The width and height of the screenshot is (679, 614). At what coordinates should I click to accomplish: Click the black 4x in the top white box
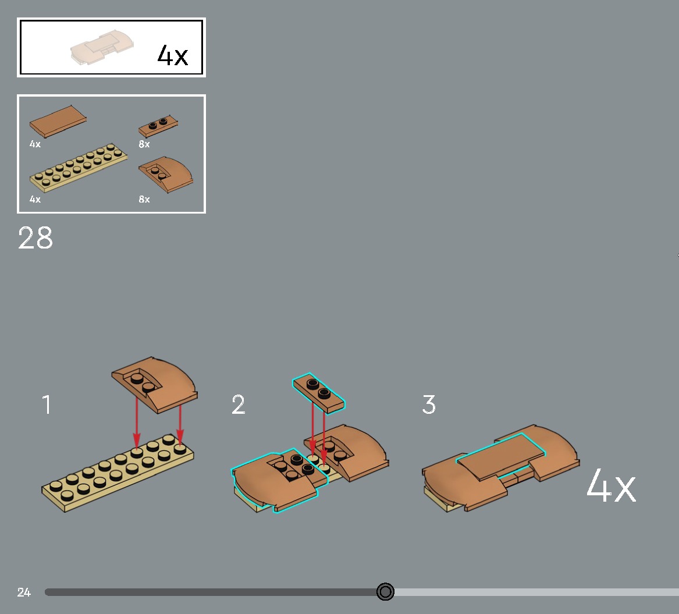tap(172, 55)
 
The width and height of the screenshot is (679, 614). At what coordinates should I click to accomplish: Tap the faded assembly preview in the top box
tap(102, 47)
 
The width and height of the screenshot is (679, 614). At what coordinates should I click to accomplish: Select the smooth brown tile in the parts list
tap(58, 121)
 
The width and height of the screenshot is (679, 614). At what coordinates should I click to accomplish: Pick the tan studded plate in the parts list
tap(79, 168)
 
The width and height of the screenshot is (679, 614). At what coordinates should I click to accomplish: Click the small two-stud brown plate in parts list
tap(158, 126)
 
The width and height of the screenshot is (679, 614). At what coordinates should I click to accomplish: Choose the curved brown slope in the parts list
tap(166, 174)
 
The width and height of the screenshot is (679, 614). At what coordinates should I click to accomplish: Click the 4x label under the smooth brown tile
tap(35, 144)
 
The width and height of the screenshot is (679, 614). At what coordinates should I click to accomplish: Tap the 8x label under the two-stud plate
tap(144, 144)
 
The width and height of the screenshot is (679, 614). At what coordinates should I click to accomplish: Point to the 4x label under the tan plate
tap(35, 199)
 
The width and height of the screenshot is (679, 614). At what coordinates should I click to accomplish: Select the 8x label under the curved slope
tap(144, 199)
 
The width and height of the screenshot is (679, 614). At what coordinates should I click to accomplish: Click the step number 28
tap(35, 237)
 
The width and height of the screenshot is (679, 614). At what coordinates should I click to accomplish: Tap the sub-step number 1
tap(47, 404)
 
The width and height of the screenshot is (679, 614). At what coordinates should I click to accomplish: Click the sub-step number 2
tap(238, 404)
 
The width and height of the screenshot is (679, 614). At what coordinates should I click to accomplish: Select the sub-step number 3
tap(429, 404)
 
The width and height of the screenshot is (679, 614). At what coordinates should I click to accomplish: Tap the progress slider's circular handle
tap(385, 591)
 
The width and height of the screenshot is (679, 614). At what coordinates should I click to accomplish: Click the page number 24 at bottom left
tap(24, 592)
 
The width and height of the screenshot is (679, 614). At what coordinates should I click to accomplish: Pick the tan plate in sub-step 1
tap(118, 473)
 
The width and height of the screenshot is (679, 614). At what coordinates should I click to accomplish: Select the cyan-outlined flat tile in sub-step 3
tap(501, 456)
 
